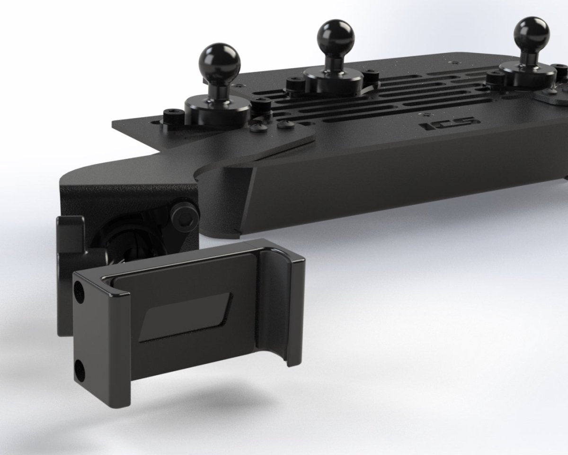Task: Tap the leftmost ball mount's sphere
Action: pos(222,61)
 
